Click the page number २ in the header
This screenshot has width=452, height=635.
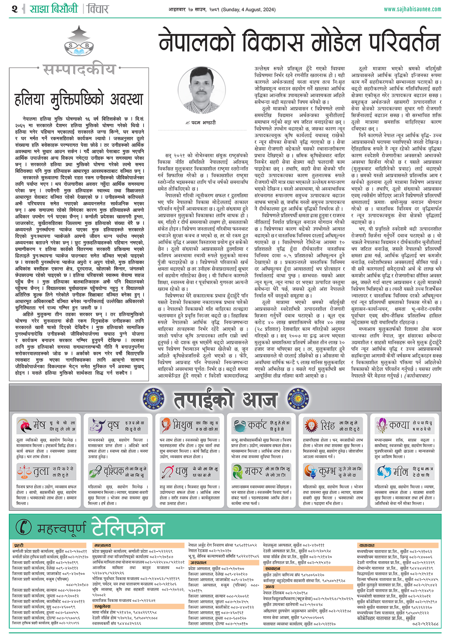click(x=14, y=9)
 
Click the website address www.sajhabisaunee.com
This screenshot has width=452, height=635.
click(x=412, y=9)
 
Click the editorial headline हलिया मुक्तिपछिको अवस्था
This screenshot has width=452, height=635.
click(x=79, y=99)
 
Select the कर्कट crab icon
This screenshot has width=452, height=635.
click(x=240, y=426)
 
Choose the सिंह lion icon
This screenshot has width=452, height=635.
click(x=311, y=425)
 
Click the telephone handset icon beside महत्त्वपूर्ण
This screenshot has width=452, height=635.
click(x=24, y=527)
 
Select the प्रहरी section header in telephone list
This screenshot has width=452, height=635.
click(x=19, y=545)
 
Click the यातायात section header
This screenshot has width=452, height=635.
click(x=367, y=545)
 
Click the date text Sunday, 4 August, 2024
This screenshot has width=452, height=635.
click(x=249, y=9)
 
